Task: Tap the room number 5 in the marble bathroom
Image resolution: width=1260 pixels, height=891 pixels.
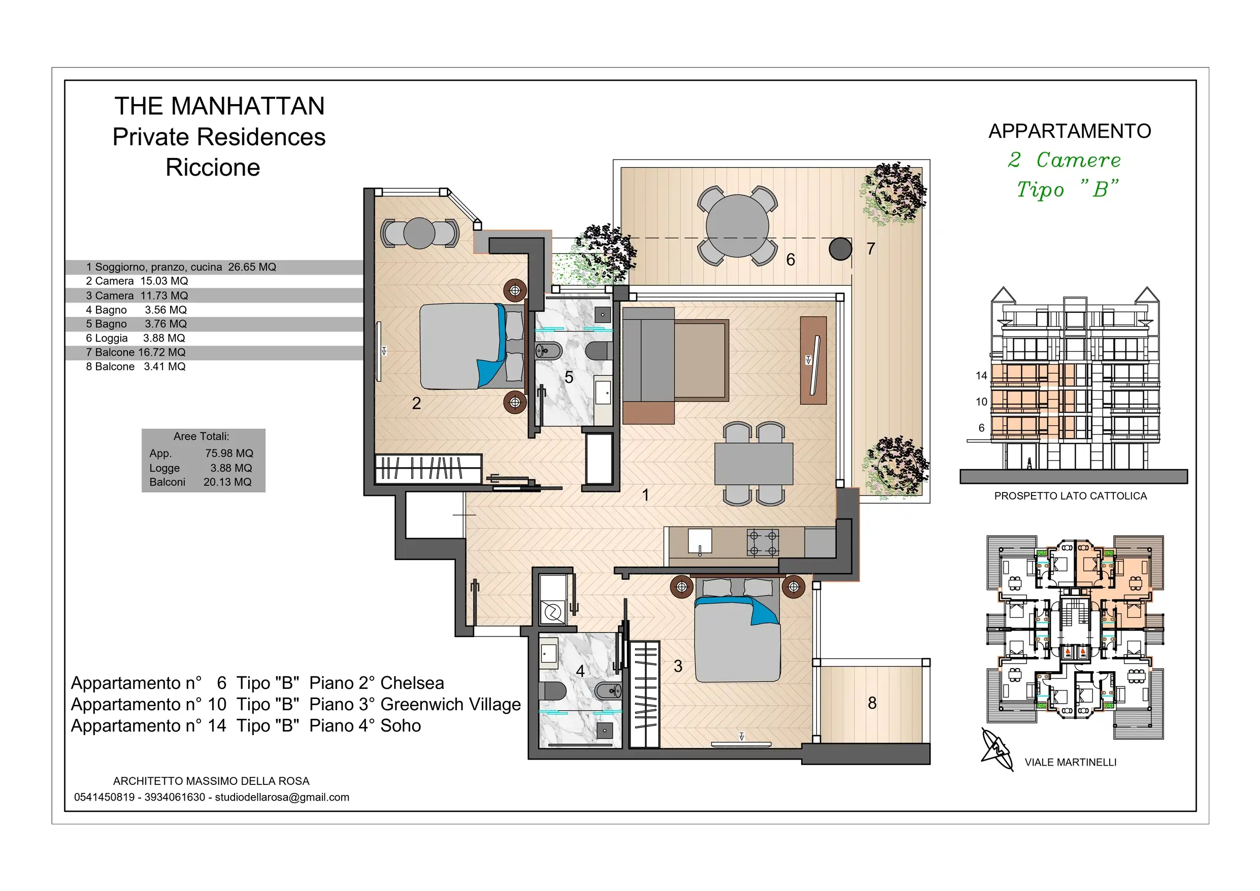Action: tap(569, 377)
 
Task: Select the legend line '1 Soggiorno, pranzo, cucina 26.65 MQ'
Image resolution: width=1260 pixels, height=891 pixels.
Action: tap(181, 268)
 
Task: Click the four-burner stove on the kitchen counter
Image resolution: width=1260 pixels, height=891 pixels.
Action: tap(762, 542)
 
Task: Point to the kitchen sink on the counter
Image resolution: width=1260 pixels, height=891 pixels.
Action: tap(700, 541)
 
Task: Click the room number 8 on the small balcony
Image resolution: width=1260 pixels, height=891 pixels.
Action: tap(872, 703)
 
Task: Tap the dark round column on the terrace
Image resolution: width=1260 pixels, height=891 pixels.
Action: tap(840, 249)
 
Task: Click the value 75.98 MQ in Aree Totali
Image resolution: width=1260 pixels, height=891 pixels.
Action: tap(229, 453)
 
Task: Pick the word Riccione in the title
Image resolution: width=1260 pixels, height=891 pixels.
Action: tap(213, 168)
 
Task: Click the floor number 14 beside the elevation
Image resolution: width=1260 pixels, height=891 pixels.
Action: tap(981, 376)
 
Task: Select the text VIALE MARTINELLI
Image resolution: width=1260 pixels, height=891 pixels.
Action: tap(1071, 762)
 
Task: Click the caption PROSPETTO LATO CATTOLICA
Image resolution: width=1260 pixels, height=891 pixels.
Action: tap(1071, 496)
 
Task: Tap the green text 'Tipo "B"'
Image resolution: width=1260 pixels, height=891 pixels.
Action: tap(1068, 189)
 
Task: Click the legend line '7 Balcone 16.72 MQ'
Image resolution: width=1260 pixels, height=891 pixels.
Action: tap(136, 352)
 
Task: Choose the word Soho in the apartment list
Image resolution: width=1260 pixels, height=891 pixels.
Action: tap(401, 726)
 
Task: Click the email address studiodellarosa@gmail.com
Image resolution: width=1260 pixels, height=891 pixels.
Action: tap(282, 797)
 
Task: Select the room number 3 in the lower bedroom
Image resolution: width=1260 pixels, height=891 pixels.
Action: tap(678, 666)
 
